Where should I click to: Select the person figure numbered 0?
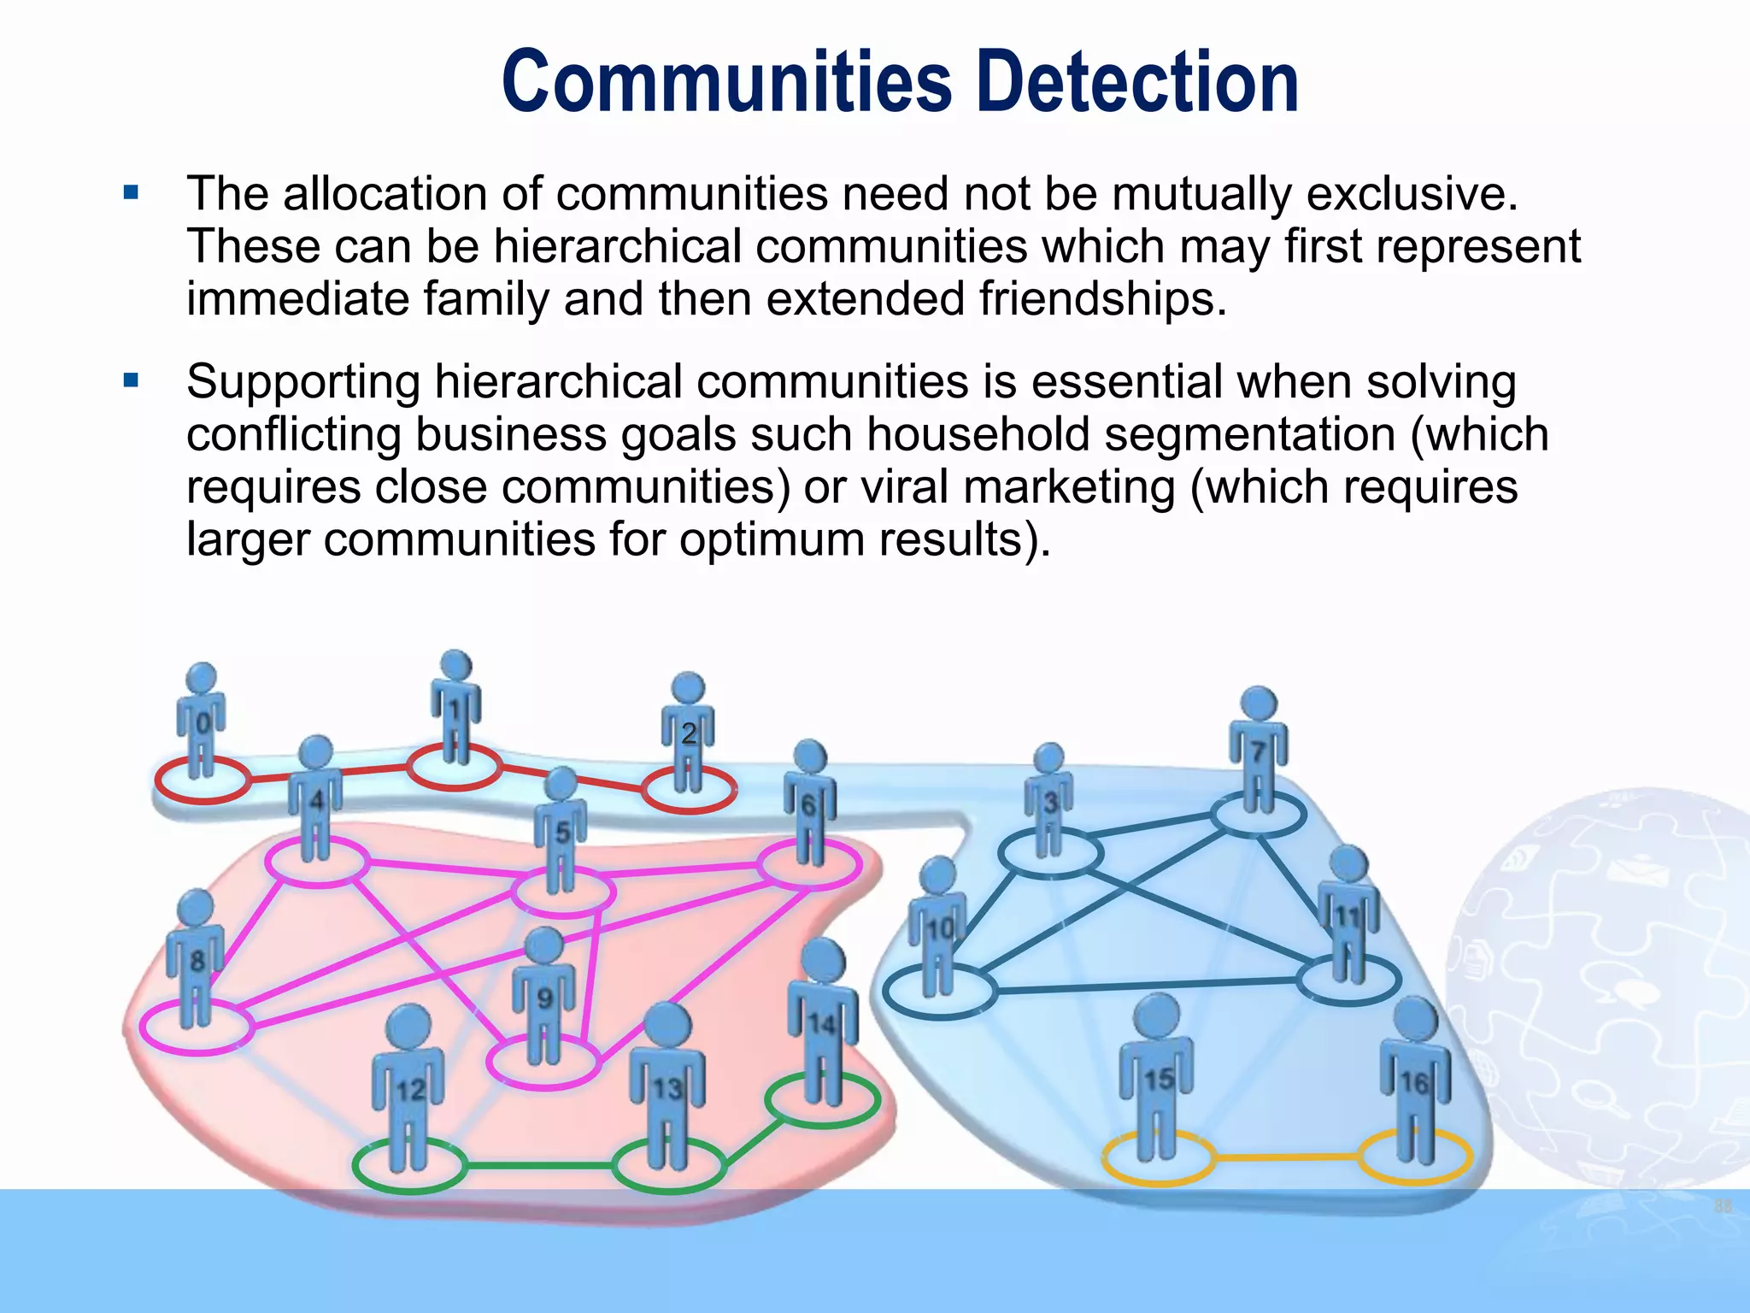click(201, 722)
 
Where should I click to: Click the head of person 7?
click(1258, 704)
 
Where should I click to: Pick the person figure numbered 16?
click(1415, 1081)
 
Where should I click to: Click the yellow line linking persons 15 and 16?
click(1286, 1157)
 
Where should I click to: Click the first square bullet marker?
click(131, 193)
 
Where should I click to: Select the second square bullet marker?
click(131, 380)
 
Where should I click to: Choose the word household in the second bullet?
click(978, 434)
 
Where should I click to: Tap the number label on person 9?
click(544, 998)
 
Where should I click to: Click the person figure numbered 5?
click(561, 833)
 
